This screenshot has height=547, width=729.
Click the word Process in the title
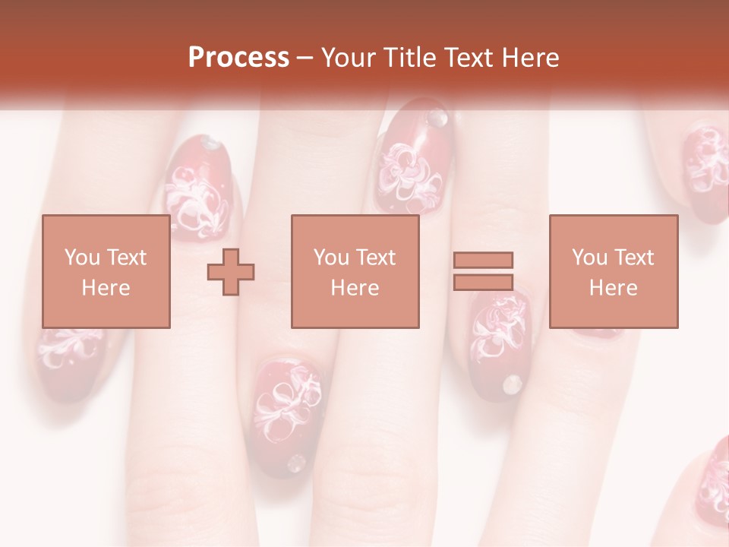coord(238,57)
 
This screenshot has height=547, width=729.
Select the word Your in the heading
coord(350,57)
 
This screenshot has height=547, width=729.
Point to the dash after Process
coord(305,58)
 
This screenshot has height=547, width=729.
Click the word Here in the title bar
coord(529,57)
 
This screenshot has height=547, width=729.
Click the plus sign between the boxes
coord(231,271)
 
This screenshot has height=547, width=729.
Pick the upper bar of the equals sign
coord(483,260)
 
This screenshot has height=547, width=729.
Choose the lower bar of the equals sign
coord(483,282)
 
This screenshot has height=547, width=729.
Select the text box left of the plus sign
coord(106,271)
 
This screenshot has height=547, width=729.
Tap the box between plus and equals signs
coord(355,271)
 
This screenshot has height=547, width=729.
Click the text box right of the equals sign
coord(613,271)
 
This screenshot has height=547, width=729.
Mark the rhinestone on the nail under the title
coord(437,117)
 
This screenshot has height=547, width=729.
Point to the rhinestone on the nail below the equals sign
coord(513,384)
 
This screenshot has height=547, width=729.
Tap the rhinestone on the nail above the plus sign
coord(211,143)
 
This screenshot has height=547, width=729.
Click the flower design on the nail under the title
coord(410,171)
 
